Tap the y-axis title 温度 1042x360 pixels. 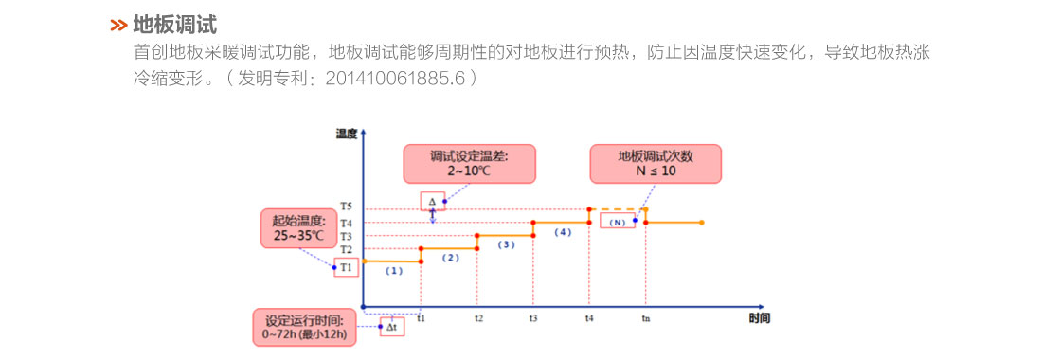point(346,134)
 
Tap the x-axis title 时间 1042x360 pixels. point(759,317)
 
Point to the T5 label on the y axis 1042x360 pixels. point(347,207)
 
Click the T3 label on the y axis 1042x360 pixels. point(347,236)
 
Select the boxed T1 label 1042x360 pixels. point(347,267)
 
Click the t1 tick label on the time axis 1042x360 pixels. point(421,318)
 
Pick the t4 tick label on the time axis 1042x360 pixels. point(589,318)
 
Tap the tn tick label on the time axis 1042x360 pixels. point(645,318)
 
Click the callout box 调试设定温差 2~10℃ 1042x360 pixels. point(469,163)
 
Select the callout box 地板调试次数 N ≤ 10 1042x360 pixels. point(655,163)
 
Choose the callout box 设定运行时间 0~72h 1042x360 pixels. point(304,326)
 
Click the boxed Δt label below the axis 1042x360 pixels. point(391,328)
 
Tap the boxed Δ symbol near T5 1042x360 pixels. point(432,201)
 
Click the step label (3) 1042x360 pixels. point(506,244)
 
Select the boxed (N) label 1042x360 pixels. point(617,222)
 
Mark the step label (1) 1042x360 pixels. point(393,271)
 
